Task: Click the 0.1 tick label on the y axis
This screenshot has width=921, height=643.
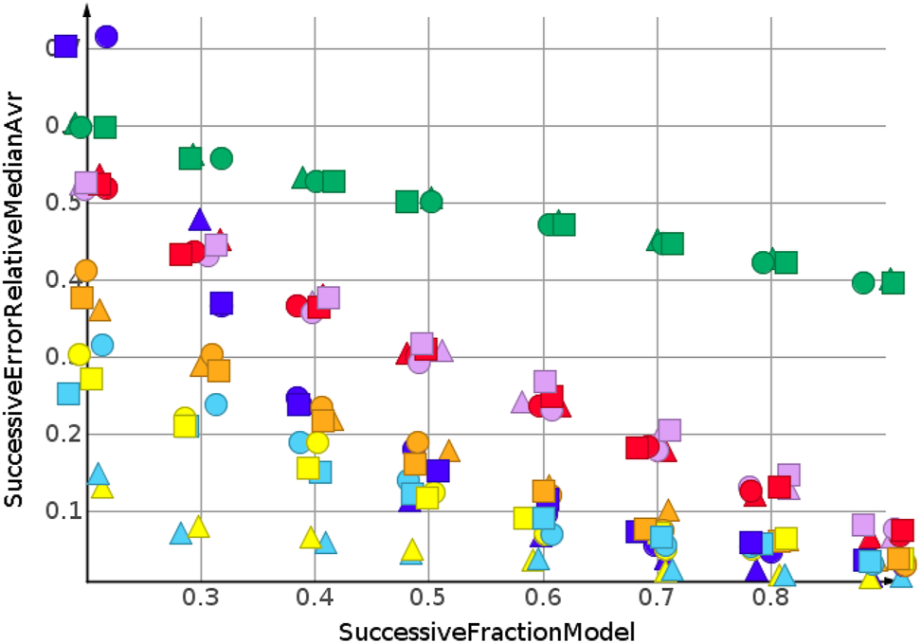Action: [58, 511]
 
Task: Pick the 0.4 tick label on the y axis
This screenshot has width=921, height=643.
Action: [58, 280]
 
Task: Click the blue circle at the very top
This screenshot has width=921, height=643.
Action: [106, 37]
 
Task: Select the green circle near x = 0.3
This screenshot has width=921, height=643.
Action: [222, 158]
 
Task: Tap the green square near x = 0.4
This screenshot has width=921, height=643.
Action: [334, 181]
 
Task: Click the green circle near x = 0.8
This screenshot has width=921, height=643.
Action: [764, 262]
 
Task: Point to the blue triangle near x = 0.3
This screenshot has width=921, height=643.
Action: [200, 220]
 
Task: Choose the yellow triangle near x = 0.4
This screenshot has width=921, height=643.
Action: [310, 538]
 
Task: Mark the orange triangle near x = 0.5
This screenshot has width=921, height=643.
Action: [449, 451]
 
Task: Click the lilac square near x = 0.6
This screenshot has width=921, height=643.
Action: [545, 382]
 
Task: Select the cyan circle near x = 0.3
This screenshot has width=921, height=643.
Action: [215, 404]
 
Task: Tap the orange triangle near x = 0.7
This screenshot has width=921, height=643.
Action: [669, 510]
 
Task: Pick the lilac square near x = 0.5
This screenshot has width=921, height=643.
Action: [423, 343]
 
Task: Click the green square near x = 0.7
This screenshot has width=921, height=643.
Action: [673, 243]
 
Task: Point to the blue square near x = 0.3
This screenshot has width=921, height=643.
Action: [222, 303]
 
